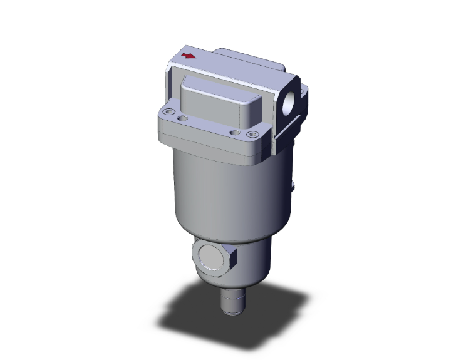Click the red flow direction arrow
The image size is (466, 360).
point(188,56)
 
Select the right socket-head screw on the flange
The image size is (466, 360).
point(252,134)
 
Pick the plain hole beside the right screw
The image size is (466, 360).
point(235,132)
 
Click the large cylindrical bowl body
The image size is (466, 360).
point(219,188)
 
